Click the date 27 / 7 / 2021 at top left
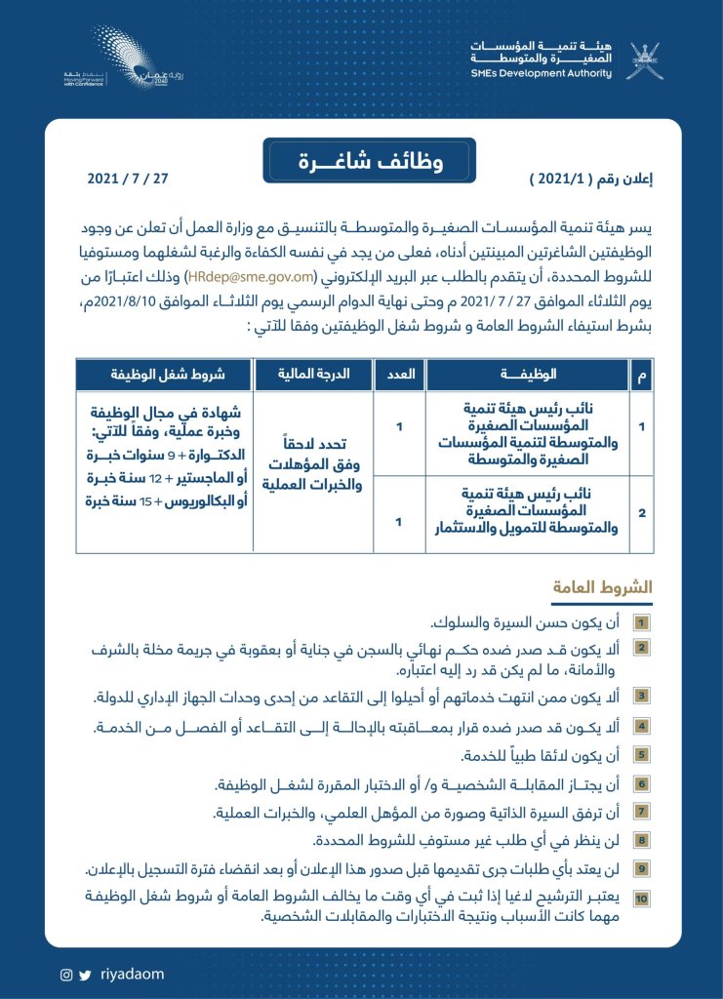tap(128, 180)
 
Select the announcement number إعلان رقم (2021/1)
tap(591, 180)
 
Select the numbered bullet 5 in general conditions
tap(641, 754)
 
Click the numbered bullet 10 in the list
tap(641, 897)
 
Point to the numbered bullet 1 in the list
tap(641, 621)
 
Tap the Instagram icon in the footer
tap(66, 974)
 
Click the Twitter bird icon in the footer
tap(85, 974)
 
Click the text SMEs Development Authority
tap(554, 73)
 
